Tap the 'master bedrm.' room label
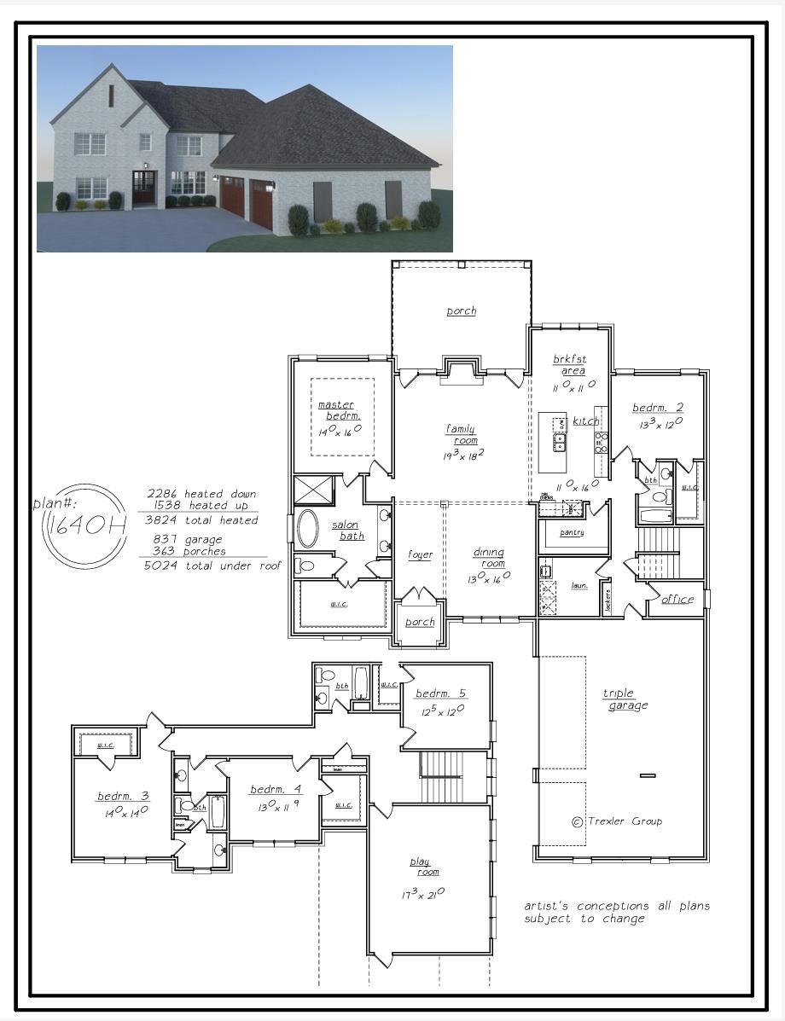coord(339,410)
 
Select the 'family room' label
coord(461,434)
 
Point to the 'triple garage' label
coord(627,699)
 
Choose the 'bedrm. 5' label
coord(440,693)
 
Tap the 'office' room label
coord(677,599)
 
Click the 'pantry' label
coord(572,532)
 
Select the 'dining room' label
coord(489,558)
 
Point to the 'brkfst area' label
coord(570,365)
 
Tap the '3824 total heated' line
coord(201,520)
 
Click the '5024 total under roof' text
coord(212,566)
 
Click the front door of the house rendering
coord(144,188)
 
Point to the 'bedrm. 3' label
coord(123,796)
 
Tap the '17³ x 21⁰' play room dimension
coord(422,894)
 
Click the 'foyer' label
coord(420,554)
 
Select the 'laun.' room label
coord(579,586)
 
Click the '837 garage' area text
coord(188,539)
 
